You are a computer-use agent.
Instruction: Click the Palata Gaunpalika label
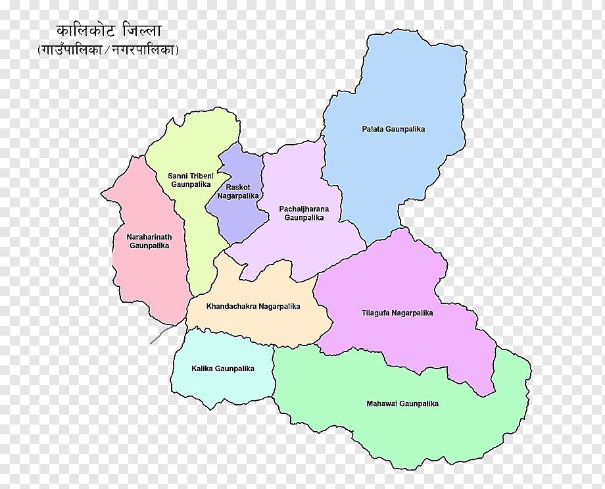tap(393, 129)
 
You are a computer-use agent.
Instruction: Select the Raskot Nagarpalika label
tap(238, 192)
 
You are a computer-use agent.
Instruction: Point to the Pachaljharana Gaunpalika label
tap(304, 213)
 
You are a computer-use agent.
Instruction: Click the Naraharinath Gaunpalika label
tap(149, 240)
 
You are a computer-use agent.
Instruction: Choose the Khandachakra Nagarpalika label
tap(253, 306)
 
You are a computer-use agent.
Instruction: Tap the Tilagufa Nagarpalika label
tap(397, 313)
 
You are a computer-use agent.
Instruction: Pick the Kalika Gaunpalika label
tap(223, 369)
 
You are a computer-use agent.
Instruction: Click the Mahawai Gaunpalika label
tap(402, 403)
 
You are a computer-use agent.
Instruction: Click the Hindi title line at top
tap(109, 31)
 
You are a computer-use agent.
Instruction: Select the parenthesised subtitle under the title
tap(109, 49)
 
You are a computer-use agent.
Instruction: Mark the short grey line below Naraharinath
tap(161, 334)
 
